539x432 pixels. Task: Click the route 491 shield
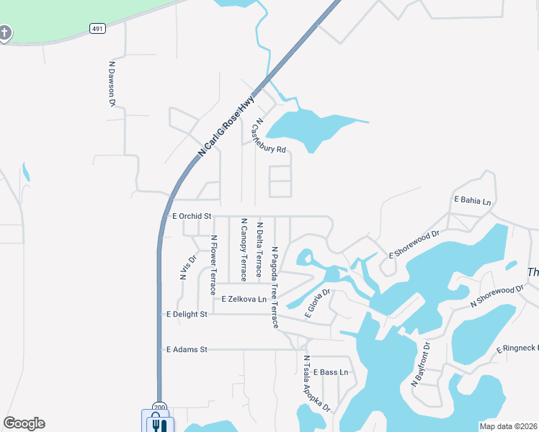pos(97,28)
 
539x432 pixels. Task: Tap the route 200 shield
pos(159,406)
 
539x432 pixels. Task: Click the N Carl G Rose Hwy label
pos(226,125)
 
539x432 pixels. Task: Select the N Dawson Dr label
pos(112,84)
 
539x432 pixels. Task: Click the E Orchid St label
pos(190,216)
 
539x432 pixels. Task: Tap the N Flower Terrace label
pos(213,264)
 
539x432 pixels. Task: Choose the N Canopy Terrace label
pos(244,249)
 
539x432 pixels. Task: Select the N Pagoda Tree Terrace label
pos(275,287)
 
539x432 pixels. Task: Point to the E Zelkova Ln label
pos(244,299)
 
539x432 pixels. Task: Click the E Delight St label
pos(187,314)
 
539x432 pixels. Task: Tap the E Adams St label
pos(187,349)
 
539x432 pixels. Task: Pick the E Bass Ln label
pos(330,372)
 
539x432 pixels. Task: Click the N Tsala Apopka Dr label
pos(316,384)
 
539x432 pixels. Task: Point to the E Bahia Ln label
pos(472,200)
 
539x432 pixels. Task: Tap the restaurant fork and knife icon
pos(158,423)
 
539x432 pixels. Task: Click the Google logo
pos(24,423)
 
